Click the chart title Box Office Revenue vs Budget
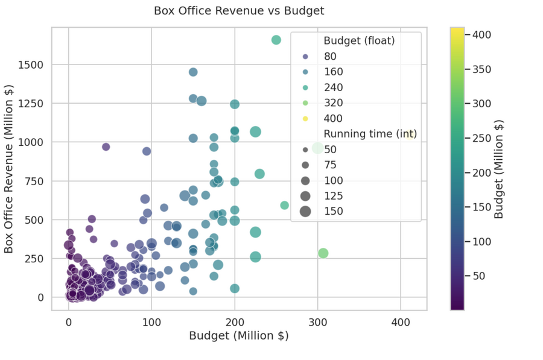click(x=239, y=11)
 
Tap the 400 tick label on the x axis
click(x=400, y=323)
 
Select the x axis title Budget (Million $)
click(x=239, y=336)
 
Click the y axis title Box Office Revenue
click(x=9, y=169)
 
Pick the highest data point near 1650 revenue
click(x=276, y=40)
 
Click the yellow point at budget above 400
click(x=410, y=136)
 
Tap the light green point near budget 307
click(x=323, y=253)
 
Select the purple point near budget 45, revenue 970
click(x=106, y=147)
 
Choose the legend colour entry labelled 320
click(x=305, y=103)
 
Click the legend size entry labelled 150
click(x=305, y=211)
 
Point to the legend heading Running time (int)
click(x=370, y=134)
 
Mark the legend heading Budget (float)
click(x=359, y=41)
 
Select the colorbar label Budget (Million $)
click(x=499, y=169)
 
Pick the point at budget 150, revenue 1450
click(x=193, y=72)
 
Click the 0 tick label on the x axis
click(x=68, y=323)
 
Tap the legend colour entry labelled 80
click(x=305, y=57)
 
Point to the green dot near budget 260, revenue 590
click(x=285, y=206)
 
